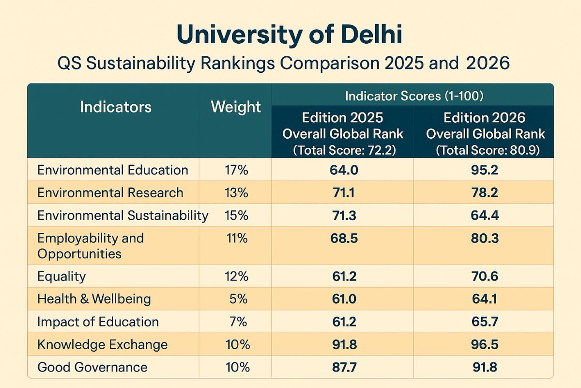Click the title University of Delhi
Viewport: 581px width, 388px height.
(289, 35)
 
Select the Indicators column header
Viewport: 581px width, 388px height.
(116, 107)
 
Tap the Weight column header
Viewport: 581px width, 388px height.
(236, 107)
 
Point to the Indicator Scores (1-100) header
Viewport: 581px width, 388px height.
(413, 96)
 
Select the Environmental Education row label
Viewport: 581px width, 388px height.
(113, 170)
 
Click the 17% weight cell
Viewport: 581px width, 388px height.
(236, 170)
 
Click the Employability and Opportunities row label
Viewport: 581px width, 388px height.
(91, 246)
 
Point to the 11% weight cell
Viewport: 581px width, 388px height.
(236, 239)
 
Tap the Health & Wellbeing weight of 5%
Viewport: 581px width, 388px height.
(238, 299)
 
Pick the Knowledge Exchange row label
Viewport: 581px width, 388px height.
(103, 345)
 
